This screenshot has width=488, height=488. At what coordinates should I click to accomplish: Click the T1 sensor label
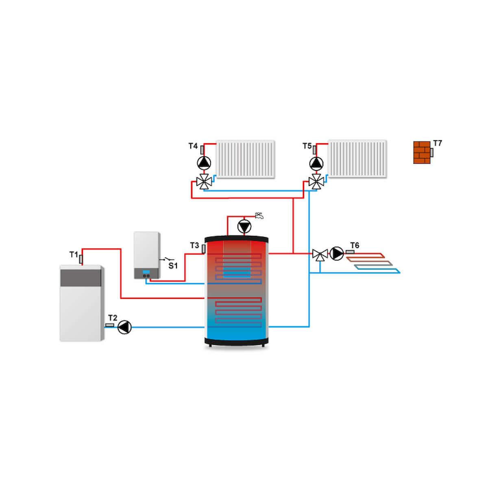[x=73, y=255]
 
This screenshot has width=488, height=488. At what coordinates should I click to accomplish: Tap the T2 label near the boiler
[x=113, y=318]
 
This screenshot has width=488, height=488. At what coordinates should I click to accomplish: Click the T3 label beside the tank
[x=194, y=246]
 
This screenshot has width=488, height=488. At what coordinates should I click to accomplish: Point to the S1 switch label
[x=173, y=266]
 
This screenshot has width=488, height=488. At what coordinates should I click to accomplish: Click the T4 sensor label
[x=193, y=146]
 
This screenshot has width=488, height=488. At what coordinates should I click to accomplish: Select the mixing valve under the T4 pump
[x=204, y=181]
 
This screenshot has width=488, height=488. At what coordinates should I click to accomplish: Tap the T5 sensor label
[x=307, y=146]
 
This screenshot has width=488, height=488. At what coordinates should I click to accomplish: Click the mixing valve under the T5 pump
[x=316, y=181]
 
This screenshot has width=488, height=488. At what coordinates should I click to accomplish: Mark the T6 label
[x=355, y=245]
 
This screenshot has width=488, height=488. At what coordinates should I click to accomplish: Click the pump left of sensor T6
[x=337, y=253]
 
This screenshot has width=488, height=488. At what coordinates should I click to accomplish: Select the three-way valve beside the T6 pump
[x=320, y=255]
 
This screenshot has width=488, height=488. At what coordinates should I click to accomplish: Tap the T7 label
[x=437, y=143]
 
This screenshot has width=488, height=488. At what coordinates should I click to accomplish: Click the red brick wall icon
[x=422, y=152]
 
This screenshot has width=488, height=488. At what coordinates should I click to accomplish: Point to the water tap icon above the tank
[x=259, y=216]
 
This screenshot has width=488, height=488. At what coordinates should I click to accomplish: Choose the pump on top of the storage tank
[x=244, y=227]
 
